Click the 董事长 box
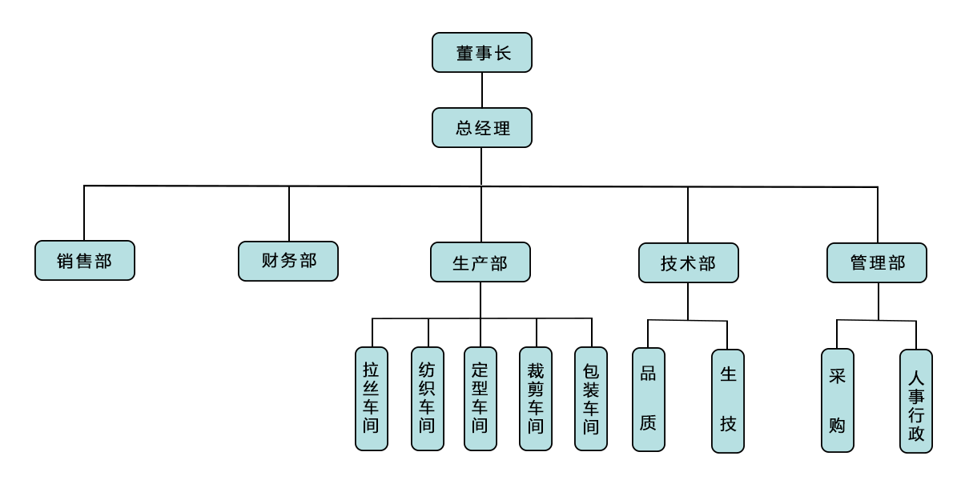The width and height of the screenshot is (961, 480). tap(481, 53)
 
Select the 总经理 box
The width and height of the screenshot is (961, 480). tap(481, 128)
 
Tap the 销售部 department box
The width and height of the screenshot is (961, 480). tap(85, 261)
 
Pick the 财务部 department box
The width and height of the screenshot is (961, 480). tap(288, 261)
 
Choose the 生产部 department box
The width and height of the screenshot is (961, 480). tap(480, 262)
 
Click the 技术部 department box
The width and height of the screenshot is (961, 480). tap(688, 262)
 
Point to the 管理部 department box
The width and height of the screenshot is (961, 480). tap(878, 262)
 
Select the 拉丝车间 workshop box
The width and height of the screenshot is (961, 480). tap(371, 398)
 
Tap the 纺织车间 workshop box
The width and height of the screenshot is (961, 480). tap(426, 398)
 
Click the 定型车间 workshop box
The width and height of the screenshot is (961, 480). tap(480, 398)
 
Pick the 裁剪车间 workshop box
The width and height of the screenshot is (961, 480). tap(535, 398)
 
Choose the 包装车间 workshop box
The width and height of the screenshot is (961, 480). tap(591, 398)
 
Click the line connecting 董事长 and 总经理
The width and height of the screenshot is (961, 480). tap(481, 90)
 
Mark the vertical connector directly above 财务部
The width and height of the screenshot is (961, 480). tap(288, 214)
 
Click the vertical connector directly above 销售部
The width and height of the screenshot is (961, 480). tap(84, 214)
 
